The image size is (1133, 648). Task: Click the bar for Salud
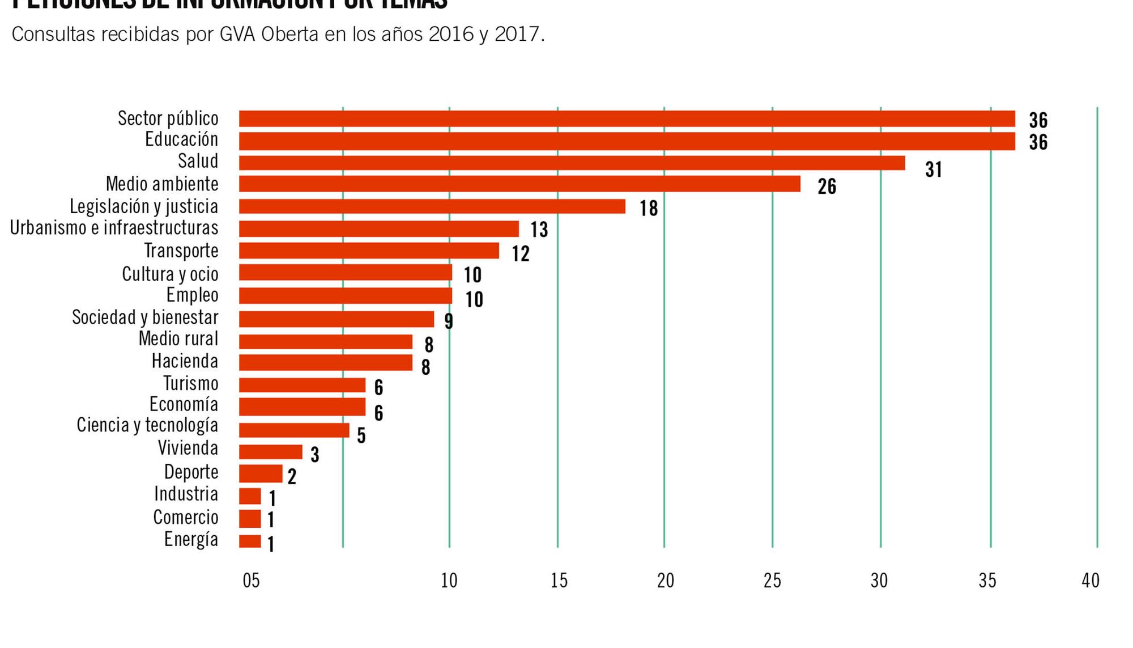tap(572, 163)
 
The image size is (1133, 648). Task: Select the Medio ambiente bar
tap(519, 184)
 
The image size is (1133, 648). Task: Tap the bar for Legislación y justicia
tap(432, 206)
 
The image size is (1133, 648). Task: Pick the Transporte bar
tap(369, 251)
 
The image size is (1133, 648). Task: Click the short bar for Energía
tap(250, 541)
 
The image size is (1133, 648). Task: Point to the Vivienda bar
tap(270, 452)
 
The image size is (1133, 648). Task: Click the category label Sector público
tap(168, 118)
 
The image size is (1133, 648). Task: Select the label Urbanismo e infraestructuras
tap(114, 228)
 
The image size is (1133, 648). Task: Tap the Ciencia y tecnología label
tap(147, 425)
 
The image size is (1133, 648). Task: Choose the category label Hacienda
tap(185, 361)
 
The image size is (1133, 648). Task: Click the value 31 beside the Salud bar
tap(933, 170)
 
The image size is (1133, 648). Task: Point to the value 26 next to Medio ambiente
tap(827, 187)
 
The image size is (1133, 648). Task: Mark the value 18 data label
tap(649, 209)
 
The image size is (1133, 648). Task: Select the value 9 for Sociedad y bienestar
tap(449, 321)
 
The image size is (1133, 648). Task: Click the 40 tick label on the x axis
tap(1090, 581)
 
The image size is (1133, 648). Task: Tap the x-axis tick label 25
tap(772, 581)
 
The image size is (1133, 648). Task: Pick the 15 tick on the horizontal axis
tap(559, 581)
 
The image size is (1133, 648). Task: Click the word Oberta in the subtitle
tap(289, 35)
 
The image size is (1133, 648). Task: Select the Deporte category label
tap(191, 472)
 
